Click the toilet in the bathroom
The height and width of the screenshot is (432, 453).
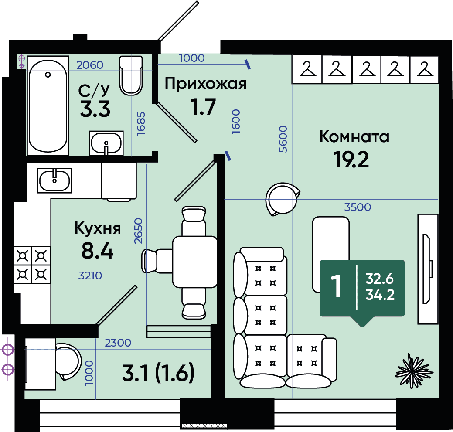click(x=131, y=75)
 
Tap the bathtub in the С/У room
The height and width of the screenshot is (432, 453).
click(x=48, y=105)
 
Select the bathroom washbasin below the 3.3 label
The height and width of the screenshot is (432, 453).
click(x=106, y=143)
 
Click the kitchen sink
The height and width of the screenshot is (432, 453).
click(x=54, y=180)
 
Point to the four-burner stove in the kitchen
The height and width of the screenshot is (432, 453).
click(x=32, y=265)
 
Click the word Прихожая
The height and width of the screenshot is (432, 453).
click(x=205, y=84)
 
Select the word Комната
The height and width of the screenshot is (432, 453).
click(x=354, y=136)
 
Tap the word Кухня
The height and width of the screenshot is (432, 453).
click(x=98, y=228)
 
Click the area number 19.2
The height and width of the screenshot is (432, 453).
click(x=351, y=160)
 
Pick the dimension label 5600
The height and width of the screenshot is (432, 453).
click(x=283, y=139)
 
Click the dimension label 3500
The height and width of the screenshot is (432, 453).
click(x=358, y=207)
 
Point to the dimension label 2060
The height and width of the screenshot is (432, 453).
click(x=90, y=65)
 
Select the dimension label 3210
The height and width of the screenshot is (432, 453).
click(x=90, y=276)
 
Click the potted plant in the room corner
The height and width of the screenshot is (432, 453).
click(x=414, y=371)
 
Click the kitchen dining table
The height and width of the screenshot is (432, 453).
click(x=194, y=262)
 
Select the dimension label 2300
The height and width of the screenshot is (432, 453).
click(x=118, y=343)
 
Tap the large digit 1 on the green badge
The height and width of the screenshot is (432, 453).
click(x=336, y=286)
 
